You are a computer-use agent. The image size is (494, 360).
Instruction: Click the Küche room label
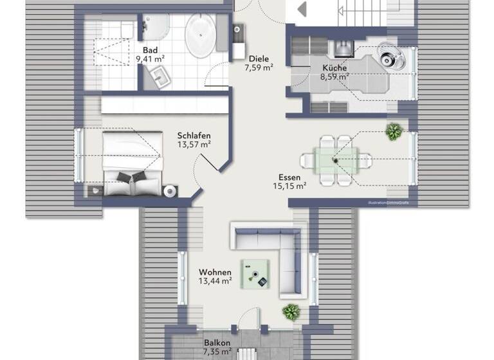334,67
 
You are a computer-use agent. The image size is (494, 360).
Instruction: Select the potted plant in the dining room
393,132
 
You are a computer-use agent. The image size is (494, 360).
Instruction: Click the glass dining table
334,159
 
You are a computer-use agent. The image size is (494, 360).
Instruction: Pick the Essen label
289,177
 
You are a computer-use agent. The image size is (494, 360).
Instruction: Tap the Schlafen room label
194,136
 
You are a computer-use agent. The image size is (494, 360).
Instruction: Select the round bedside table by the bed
170,190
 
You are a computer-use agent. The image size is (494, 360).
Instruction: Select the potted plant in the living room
291,312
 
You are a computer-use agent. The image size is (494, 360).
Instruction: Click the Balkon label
217,343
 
